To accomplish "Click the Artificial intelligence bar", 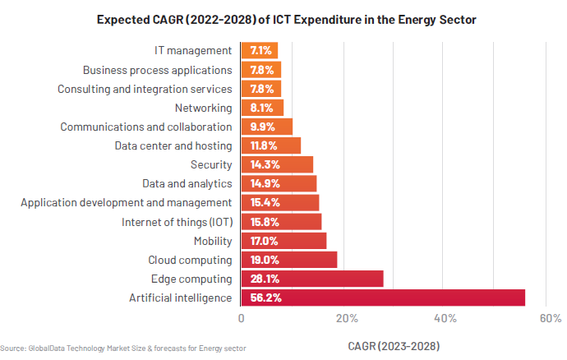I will (x=383, y=298).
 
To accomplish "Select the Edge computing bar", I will (x=312, y=279).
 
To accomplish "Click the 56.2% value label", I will (x=266, y=298).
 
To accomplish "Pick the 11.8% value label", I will (x=264, y=145).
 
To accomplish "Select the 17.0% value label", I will (x=264, y=241).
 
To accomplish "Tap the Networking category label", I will (x=204, y=108).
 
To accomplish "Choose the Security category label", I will (x=211, y=164).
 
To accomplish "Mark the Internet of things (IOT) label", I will (x=177, y=222).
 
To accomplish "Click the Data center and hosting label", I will (x=173, y=145).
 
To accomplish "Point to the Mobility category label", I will (x=213, y=241).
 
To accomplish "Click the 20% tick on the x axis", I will (x=346, y=318).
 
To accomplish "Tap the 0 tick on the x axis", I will (x=241, y=318).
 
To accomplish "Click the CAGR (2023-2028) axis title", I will (x=394, y=345).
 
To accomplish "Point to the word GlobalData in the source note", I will (x=51, y=348).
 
